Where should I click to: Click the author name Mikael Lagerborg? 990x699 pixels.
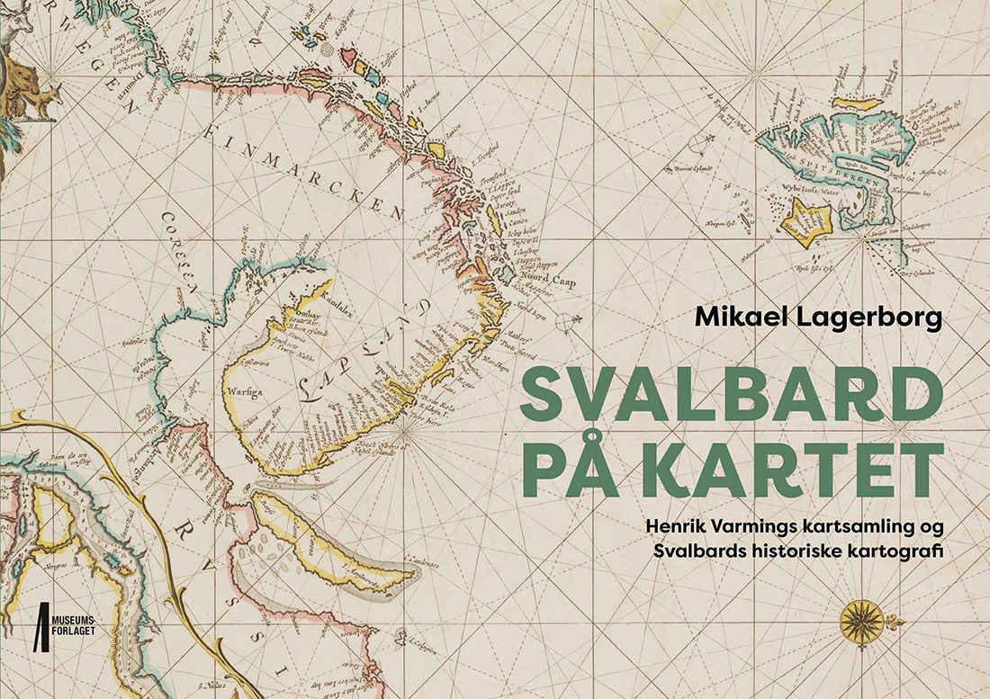click(817, 318)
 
